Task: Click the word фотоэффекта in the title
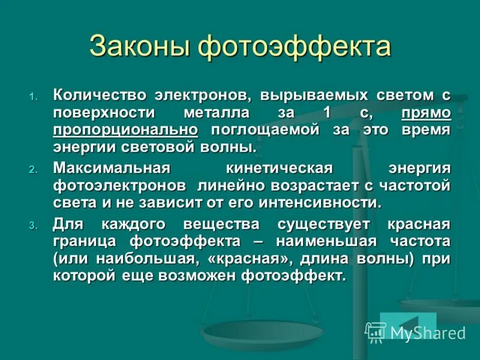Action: (294, 47)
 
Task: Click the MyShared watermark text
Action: (427, 333)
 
